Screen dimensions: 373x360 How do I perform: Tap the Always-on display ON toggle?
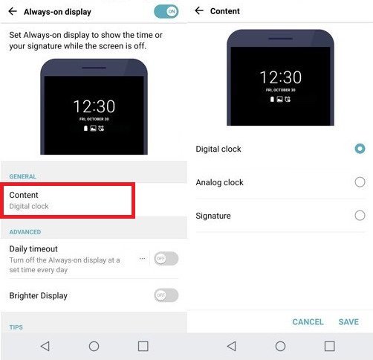point(166,11)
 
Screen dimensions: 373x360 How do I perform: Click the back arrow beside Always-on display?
point(13,11)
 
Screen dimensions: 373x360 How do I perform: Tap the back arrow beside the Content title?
point(199,10)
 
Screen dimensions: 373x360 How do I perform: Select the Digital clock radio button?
point(360,149)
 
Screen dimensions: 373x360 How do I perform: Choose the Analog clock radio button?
point(360,182)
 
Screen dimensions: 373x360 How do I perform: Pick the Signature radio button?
point(360,216)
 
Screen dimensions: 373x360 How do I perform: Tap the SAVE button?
point(348,322)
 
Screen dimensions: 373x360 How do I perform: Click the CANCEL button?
point(308,322)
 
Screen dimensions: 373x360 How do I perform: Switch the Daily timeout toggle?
point(166,259)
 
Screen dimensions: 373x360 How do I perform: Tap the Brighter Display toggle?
point(166,295)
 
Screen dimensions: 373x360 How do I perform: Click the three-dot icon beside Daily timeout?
point(142,259)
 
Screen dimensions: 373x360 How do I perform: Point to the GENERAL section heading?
point(23,176)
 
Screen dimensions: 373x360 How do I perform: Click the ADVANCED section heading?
point(25,232)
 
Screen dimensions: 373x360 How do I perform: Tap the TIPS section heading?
point(16,327)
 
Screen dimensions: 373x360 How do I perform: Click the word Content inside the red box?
point(24,195)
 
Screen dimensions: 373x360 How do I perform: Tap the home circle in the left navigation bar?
point(94,346)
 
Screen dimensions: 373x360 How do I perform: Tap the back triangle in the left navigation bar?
point(45,346)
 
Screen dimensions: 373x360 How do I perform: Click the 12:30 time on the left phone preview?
point(94,106)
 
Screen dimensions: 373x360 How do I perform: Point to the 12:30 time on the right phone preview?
point(281,77)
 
